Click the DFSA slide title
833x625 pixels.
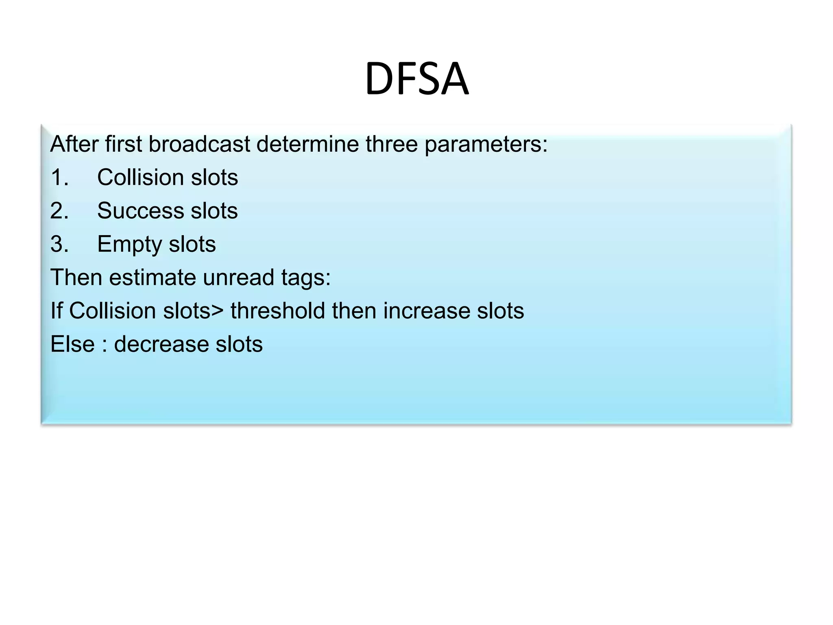[x=416, y=78]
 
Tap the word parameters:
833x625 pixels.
[x=486, y=145]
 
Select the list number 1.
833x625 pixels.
[x=59, y=177]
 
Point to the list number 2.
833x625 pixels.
[x=59, y=211]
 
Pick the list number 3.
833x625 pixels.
[x=59, y=244]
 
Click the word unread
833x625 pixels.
[x=238, y=278]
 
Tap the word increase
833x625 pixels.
[x=426, y=311]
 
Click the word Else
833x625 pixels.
[x=72, y=344]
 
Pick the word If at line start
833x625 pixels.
[x=57, y=311]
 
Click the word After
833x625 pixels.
[x=74, y=144]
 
